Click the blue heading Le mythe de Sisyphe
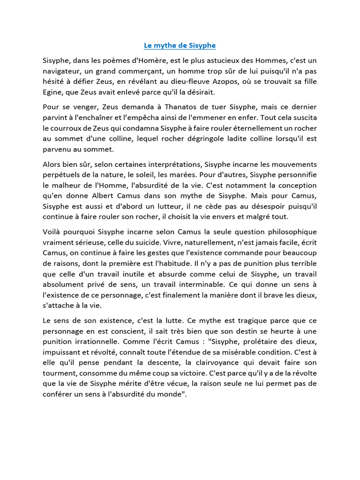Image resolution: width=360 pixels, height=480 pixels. (x=180, y=45)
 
